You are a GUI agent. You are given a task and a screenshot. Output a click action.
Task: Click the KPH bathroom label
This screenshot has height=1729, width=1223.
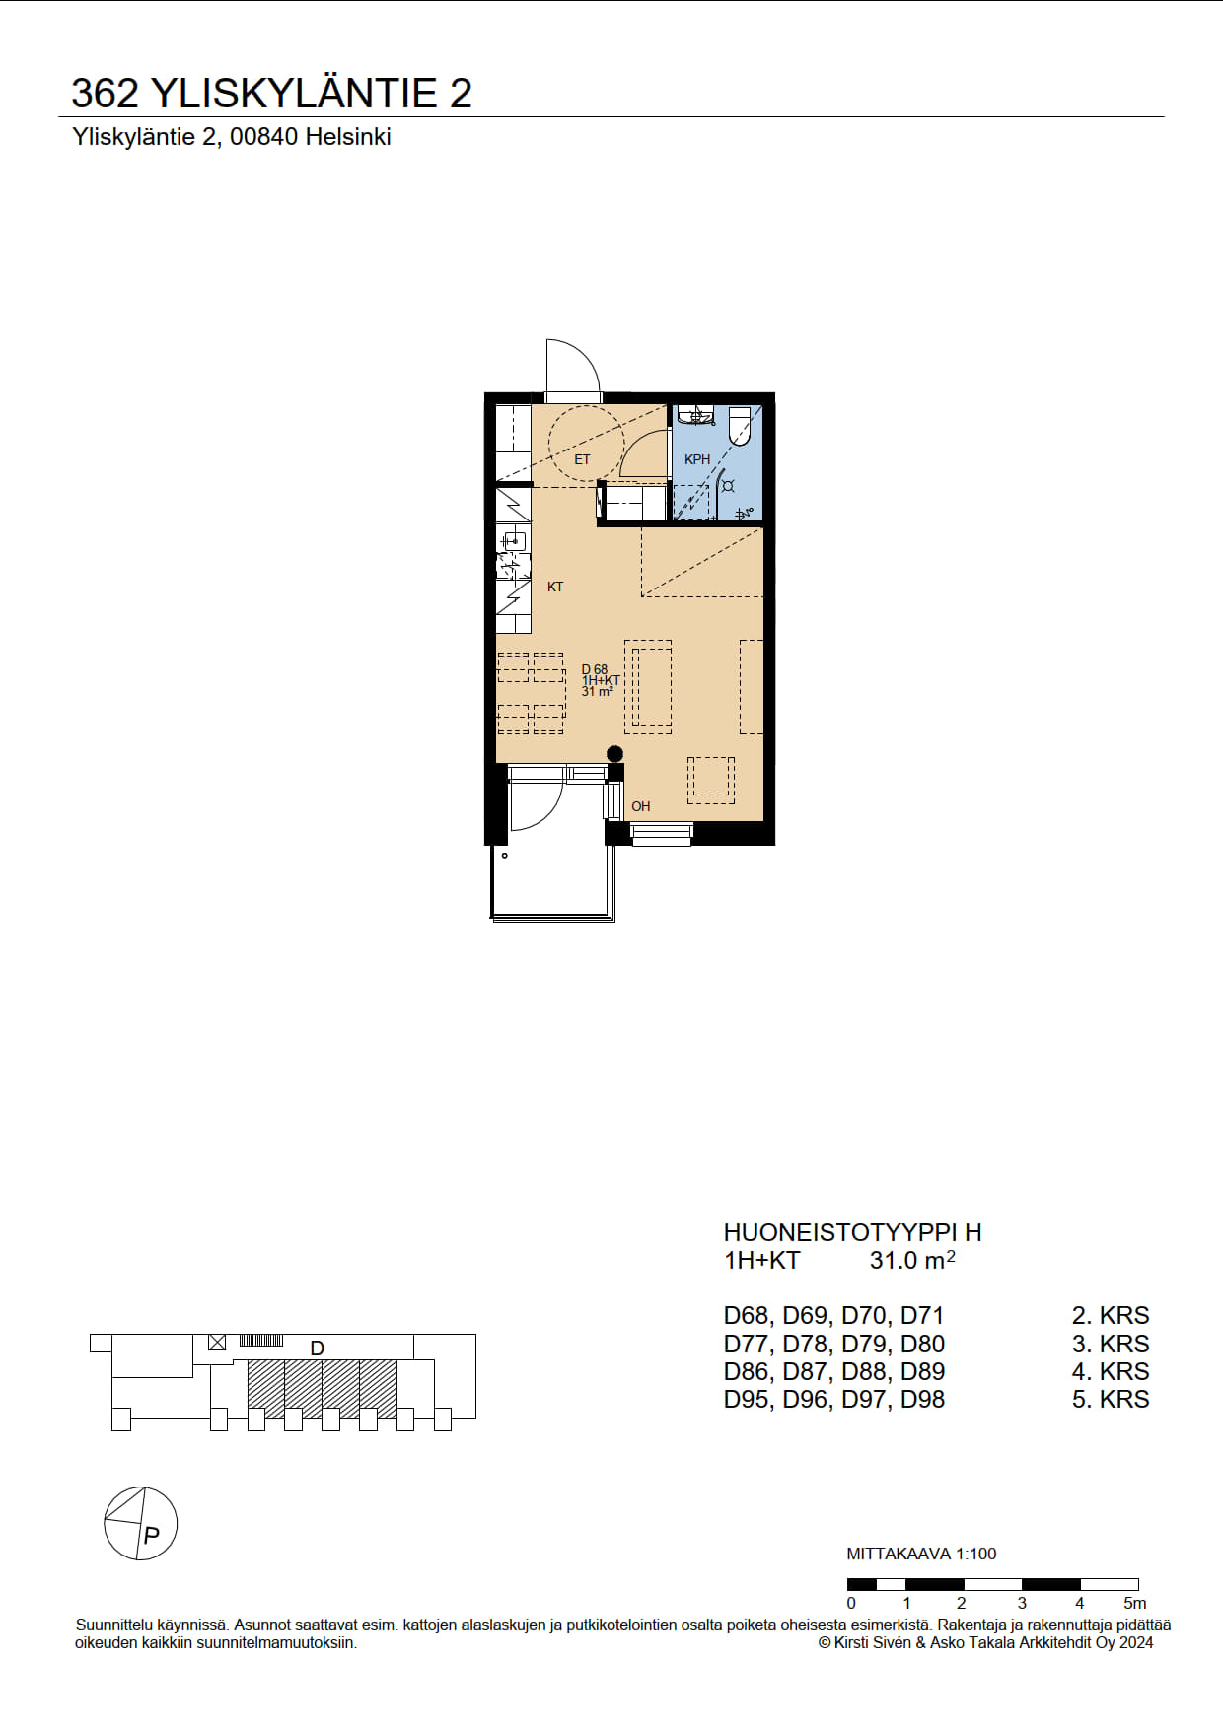pos(697,459)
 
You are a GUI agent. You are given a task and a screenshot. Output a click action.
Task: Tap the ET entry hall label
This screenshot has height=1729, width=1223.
pos(582,459)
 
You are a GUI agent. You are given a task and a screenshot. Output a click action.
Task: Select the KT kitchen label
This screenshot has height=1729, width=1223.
pos(555,587)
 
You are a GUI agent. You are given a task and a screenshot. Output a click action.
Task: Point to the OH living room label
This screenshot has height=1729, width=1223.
pos(641,806)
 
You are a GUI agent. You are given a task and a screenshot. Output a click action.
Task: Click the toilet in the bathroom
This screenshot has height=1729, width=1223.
pos(740,426)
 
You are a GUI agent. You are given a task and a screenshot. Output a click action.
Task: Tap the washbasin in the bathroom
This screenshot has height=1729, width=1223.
pos(696,415)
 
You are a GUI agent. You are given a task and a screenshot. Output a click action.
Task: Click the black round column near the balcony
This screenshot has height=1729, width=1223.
pos(614,754)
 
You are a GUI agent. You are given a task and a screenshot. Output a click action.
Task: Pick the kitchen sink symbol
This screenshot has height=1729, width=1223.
pos(512,540)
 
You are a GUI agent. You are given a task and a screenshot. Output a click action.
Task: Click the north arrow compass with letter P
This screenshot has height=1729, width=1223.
pos(141,1523)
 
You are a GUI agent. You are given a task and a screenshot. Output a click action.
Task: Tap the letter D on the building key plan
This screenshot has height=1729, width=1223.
pos(318,1348)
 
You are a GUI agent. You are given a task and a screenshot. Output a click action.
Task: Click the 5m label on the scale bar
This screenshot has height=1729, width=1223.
pos(1135,1603)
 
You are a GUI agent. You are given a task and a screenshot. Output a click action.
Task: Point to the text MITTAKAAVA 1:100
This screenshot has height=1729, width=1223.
pos(921,1554)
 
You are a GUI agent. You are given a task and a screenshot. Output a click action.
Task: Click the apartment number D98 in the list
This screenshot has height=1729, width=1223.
pos(922,1399)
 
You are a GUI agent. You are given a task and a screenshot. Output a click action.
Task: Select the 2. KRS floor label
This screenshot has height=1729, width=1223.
pos(1111,1315)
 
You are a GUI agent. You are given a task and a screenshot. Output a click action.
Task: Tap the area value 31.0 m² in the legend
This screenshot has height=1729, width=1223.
pos(912,1259)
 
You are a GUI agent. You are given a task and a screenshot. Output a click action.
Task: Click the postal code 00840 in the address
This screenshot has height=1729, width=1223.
pos(263,137)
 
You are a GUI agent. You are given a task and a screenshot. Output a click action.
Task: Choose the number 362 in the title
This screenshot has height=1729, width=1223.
pos(106,93)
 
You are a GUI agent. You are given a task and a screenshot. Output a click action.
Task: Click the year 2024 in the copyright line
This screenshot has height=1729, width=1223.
pos(1136,1642)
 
